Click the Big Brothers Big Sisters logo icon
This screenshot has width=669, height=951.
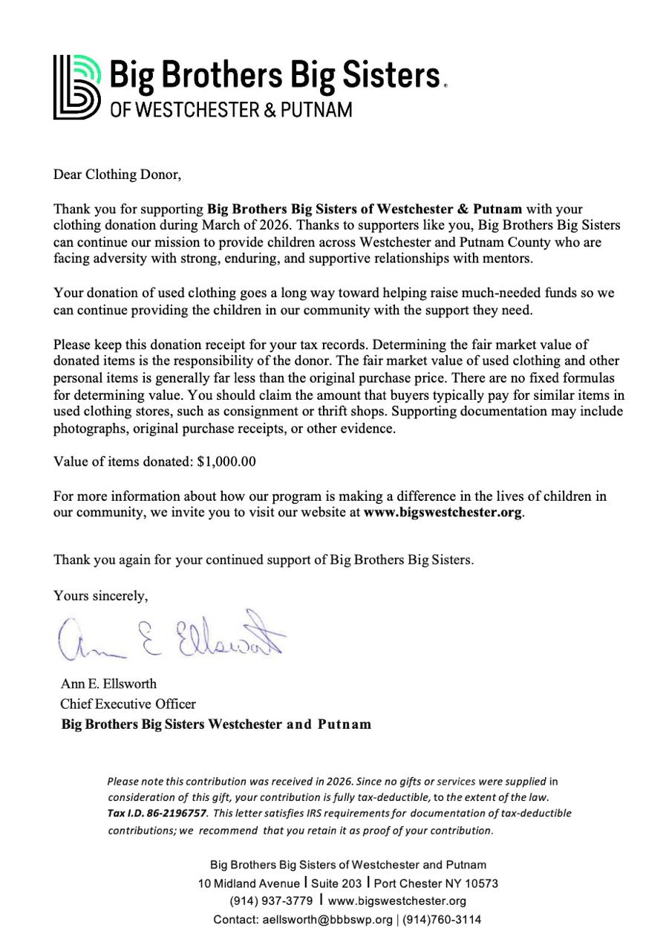pyautogui.click(x=76, y=86)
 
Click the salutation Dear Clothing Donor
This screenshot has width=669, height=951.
pyautogui.click(x=117, y=175)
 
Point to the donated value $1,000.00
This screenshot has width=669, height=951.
pyautogui.click(x=226, y=461)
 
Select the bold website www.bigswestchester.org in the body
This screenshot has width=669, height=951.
pyautogui.click(x=443, y=513)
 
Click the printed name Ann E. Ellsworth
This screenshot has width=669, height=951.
pyautogui.click(x=108, y=684)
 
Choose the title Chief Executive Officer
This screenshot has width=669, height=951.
pyautogui.click(x=128, y=704)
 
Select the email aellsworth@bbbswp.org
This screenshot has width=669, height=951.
pyautogui.click(x=327, y=920)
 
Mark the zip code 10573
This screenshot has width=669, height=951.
pyautogui.click(x=481, y=883)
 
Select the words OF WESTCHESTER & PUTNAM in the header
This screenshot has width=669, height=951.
pyautogui.click(x=231, y=110)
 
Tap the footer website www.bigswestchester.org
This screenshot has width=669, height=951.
pyautogui.click(x=397, y=901)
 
